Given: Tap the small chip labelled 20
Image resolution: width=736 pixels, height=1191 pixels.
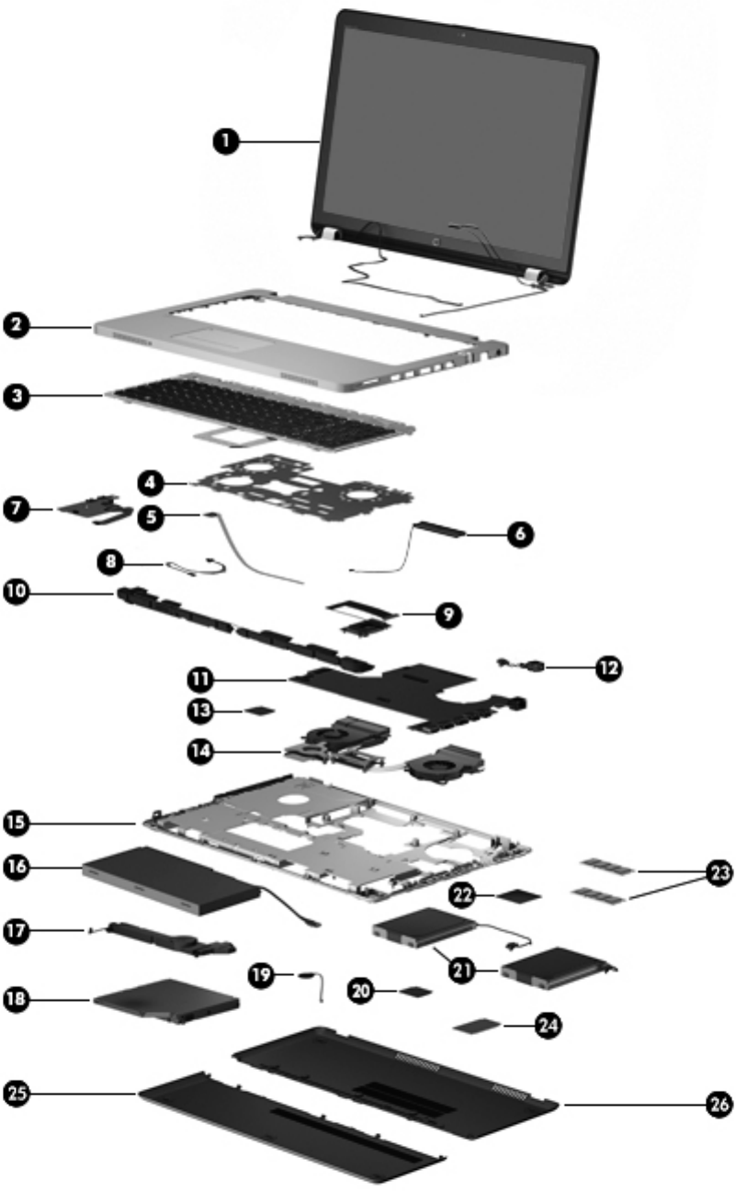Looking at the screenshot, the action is (x=419, y=991).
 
